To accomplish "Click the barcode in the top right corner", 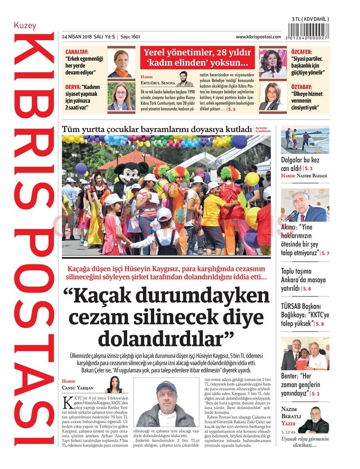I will (310, 31).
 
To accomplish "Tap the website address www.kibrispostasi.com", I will (258, 37).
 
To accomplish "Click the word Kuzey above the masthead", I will (25, 26).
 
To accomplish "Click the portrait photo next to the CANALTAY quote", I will (122, 63).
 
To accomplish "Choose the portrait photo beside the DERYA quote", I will (122, 96).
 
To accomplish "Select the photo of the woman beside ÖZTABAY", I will (273, 96).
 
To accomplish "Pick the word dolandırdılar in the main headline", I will (166, 339).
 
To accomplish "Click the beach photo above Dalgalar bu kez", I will (305, 140).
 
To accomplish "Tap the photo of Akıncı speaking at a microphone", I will (305, 205).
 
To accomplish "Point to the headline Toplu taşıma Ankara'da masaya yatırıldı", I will (303, 279).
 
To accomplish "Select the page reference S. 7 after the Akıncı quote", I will (325, 253).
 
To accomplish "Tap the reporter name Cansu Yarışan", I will (78, 387).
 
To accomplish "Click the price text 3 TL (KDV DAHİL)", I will (310, 19).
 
